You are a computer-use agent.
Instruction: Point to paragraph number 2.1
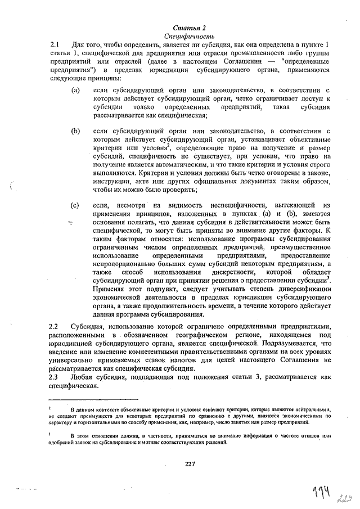click(x=55, y=44)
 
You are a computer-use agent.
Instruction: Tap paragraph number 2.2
click(x=55, y=326)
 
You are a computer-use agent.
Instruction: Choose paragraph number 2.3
click(x=55, y=376)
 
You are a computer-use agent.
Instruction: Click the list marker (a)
click(x=75, y=90)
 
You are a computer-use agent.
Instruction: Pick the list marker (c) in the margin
click(x=75, y=205)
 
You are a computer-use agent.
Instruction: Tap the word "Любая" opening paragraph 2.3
click(x=82, y=376)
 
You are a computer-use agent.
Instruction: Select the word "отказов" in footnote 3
click(x=308, y=435)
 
